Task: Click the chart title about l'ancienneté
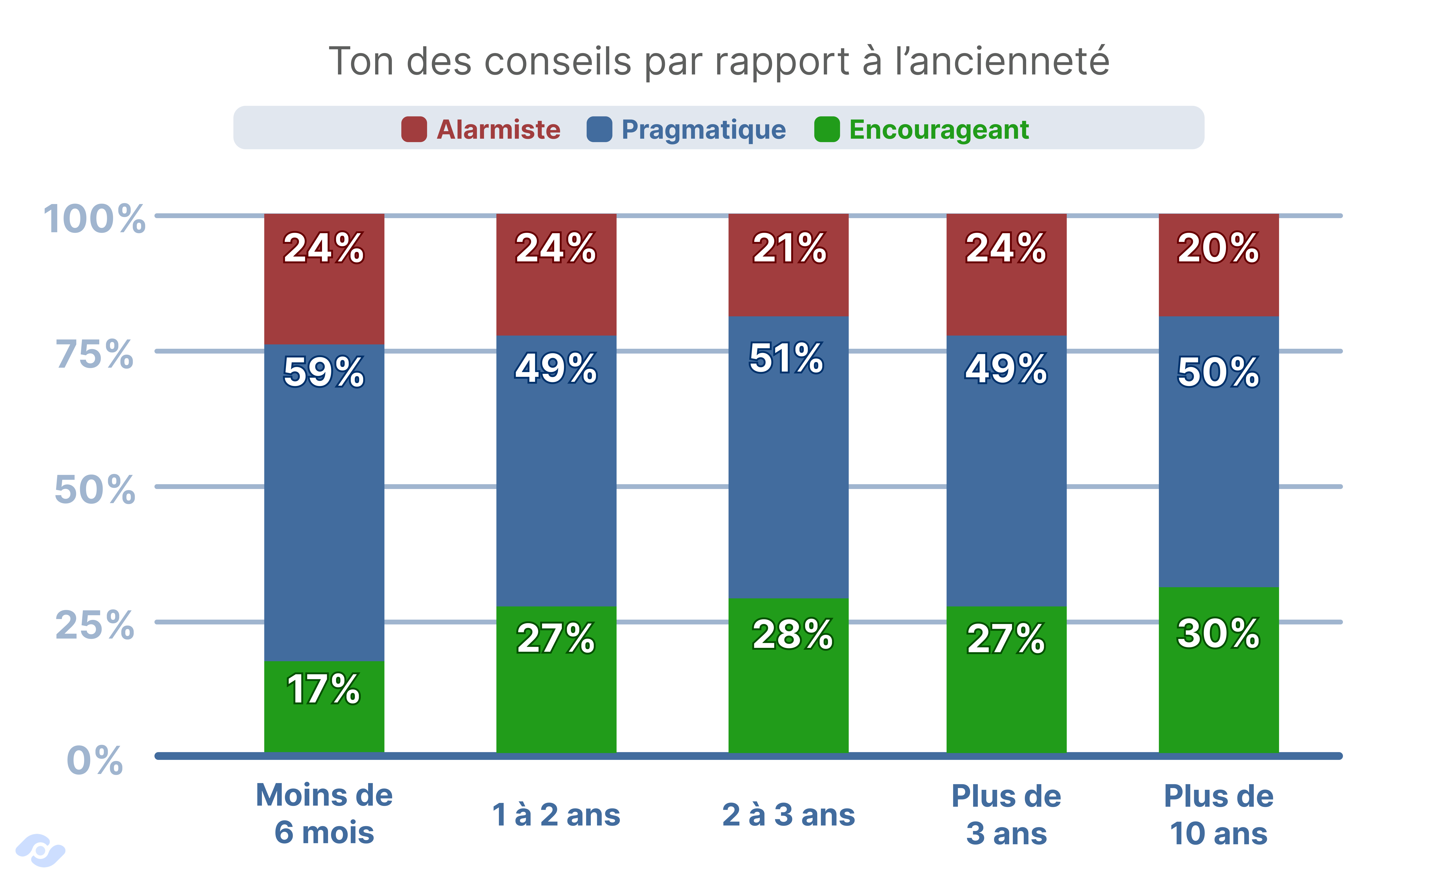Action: [719, 62]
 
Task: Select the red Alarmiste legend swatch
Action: [414, 129]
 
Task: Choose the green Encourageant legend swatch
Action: [827, 129]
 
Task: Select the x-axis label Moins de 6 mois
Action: [324, 814]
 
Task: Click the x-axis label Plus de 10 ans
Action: [1218, 814]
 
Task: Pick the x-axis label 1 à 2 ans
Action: [556, 814]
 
